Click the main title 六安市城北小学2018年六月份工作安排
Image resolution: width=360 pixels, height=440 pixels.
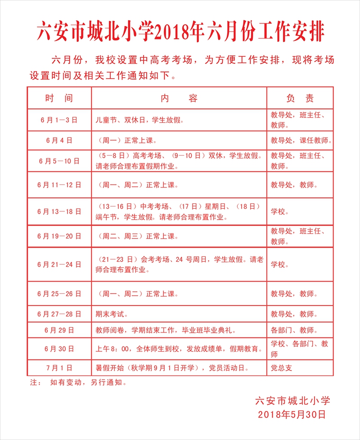[180, 31]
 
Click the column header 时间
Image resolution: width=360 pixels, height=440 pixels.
[59, 98]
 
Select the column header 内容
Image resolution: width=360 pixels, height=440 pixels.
[179, 98]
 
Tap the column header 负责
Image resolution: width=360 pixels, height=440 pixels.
[300, 98]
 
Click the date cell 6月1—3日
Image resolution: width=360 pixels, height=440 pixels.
[59, 120]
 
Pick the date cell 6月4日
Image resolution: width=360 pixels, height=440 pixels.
[59, 140]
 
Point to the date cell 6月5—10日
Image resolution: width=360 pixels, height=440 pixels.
[59, 161]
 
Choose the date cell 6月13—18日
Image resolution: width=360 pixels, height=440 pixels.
[59, 211]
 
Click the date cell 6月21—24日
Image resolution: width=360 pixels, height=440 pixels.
[59, 265]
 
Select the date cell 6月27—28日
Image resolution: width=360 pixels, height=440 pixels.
[59, 314]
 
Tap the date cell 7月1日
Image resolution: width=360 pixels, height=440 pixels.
[59, 368]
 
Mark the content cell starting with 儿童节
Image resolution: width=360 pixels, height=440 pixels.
[140, 120]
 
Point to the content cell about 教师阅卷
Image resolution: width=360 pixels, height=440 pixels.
[171, 330]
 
